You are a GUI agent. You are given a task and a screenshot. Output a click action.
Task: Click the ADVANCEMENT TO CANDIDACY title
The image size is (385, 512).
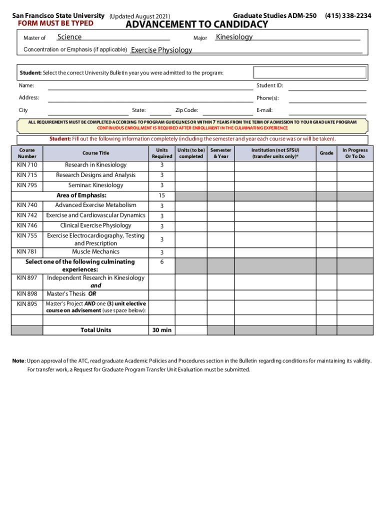[x=196, y=25]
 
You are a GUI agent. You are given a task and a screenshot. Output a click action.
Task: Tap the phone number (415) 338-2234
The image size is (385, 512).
[x=348, y=16]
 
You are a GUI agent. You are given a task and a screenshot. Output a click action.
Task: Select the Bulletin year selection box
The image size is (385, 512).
[x=310, y=73]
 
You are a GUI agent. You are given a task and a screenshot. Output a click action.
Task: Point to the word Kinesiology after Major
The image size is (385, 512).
[x=234, y=37]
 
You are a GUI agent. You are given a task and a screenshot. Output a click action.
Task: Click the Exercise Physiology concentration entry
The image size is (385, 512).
[x=161, y=50]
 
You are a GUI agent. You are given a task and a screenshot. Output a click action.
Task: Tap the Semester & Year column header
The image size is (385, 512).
[x=220, y=153]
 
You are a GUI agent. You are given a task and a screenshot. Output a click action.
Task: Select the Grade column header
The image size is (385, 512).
[x=326, y=153]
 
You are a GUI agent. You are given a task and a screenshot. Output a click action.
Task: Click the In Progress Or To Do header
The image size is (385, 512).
[x=354, y=153]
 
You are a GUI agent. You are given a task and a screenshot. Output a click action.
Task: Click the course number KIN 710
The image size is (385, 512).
[x=27, y=165]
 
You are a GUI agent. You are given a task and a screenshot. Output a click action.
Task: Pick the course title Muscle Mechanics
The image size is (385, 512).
[x=95, y=251]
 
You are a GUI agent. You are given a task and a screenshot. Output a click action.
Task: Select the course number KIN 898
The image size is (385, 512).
[x=27, y=293]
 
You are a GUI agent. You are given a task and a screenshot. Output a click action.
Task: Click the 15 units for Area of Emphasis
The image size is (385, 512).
[x=161, y=195]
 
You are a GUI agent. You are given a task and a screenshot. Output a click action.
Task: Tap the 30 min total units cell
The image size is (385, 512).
[x=161, y=330]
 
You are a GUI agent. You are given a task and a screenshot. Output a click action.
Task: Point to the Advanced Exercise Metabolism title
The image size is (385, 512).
[x=95, y=205]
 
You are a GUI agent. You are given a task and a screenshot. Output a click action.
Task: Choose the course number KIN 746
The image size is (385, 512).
[x=27, y=225]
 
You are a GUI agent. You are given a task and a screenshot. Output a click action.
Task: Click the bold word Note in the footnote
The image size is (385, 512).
[x=18, y=361]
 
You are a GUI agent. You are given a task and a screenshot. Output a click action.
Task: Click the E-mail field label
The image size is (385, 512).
[x=264, y=110]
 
